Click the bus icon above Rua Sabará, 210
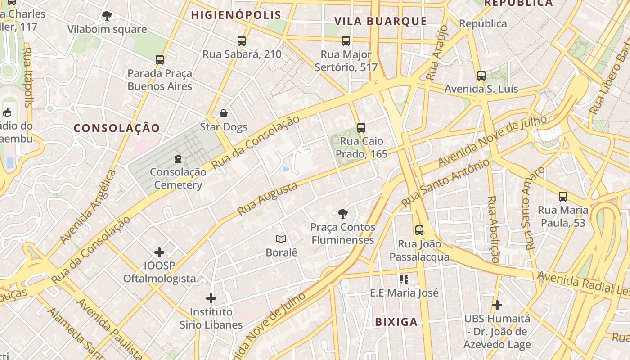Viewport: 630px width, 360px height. pos(242,41)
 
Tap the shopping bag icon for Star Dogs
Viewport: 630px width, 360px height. pos(224,113)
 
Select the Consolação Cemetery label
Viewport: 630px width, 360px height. pos(178,179)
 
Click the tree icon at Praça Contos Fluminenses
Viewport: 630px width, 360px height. pos(342,213)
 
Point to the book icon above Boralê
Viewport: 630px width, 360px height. pos(281,239)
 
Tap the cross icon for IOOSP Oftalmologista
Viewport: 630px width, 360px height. pos(159,252)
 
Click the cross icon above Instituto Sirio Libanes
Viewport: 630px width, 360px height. pos(211,298)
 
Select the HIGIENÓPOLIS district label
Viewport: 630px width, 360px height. pos(236,15)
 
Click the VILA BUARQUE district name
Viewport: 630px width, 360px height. pos(381,21)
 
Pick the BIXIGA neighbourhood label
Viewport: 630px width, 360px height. pos(396,322)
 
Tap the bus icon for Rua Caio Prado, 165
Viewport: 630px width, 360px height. pos(361,127)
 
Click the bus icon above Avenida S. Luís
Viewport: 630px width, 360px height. pos(481,76)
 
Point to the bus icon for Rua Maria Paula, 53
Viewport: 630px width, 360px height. pos(563,197)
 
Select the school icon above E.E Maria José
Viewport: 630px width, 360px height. pos(404,279)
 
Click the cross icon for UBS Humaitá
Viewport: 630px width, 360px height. pos(497,305)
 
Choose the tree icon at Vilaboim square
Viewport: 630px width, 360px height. pos(107,16)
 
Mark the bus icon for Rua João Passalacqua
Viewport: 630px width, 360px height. pos(419,230)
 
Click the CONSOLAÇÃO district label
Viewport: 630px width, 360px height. pos(117,128)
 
